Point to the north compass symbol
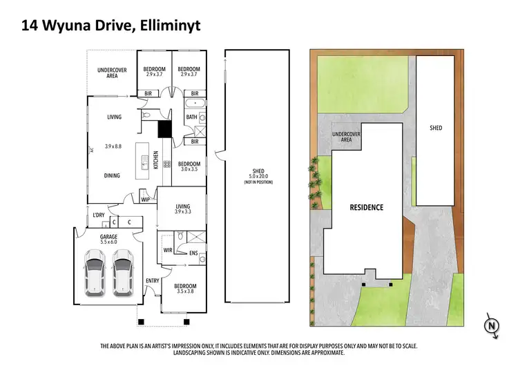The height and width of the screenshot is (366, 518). [491, 325]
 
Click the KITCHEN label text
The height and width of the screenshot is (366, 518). [155, 160]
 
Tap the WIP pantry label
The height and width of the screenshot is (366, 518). [145, 200]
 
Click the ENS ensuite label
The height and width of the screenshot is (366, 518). [194, 253]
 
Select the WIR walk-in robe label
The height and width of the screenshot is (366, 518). [168, 249]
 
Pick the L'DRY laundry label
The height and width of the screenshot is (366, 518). [99, 215]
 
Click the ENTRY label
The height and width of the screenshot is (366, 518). [152, 280]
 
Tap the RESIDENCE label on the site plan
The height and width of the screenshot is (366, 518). [366, 207]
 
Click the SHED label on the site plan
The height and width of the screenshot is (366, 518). [436, 128]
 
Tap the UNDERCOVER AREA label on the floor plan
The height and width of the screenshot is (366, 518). [111, 73]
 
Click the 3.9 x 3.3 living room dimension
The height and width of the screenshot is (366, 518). [182, 211]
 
